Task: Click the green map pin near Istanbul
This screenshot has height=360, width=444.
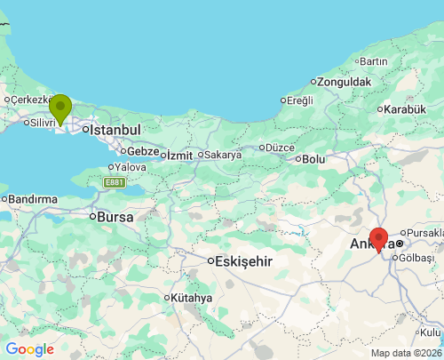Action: click(x=60, y=109)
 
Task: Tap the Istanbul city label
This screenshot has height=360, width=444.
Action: click(x=115, y=130)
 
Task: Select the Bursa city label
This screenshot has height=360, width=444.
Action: click(x=115, y=216)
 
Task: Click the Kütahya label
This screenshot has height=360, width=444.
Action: click(x=192, y=298)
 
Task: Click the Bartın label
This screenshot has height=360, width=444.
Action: click(x=374, y=61)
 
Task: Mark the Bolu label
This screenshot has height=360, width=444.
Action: click(x=313, y=159)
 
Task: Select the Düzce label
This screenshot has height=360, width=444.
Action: click(x=279, y=148)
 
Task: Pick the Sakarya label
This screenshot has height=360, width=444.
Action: click(x=222, y=155)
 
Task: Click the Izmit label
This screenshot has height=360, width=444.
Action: click(x=179, y=156)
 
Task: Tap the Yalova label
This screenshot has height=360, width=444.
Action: click(x=130, y=167)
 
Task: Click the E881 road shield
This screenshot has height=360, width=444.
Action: click(x=114, y=182)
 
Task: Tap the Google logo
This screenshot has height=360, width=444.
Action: click(x=29, y=349)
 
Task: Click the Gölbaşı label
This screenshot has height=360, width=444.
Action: click(x=417, y=258)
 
